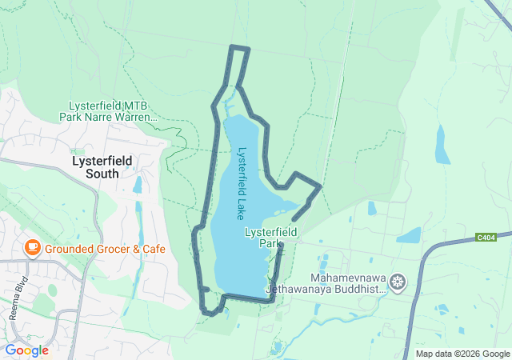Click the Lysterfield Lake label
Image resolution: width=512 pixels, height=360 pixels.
(x=240, y=182)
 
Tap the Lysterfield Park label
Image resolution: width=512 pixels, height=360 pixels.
(x=270, y=238)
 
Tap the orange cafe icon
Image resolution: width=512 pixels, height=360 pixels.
(x=33, y=248)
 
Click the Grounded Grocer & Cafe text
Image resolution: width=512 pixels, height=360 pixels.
(x=105, y=249)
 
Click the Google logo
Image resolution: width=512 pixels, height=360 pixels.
(x=26, y=350)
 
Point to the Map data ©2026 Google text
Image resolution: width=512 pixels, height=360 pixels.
(x=462, y=354)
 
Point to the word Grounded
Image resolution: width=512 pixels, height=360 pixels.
(x=70, y=249)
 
